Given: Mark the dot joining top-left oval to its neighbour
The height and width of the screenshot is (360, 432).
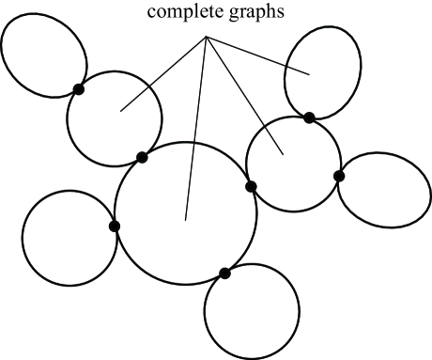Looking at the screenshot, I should (78, 89).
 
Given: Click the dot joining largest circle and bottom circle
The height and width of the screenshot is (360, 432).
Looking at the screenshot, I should (224, 274).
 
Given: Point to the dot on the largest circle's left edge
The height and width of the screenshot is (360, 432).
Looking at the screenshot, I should (115, 226).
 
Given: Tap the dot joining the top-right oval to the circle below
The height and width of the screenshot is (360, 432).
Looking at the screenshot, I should (309, 117).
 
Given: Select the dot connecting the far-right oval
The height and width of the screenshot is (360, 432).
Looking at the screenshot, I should (339, 176).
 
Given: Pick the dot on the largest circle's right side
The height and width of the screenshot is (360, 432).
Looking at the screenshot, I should (251, 186).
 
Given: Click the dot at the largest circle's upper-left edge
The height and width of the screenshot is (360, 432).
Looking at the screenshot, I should (142, 157).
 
